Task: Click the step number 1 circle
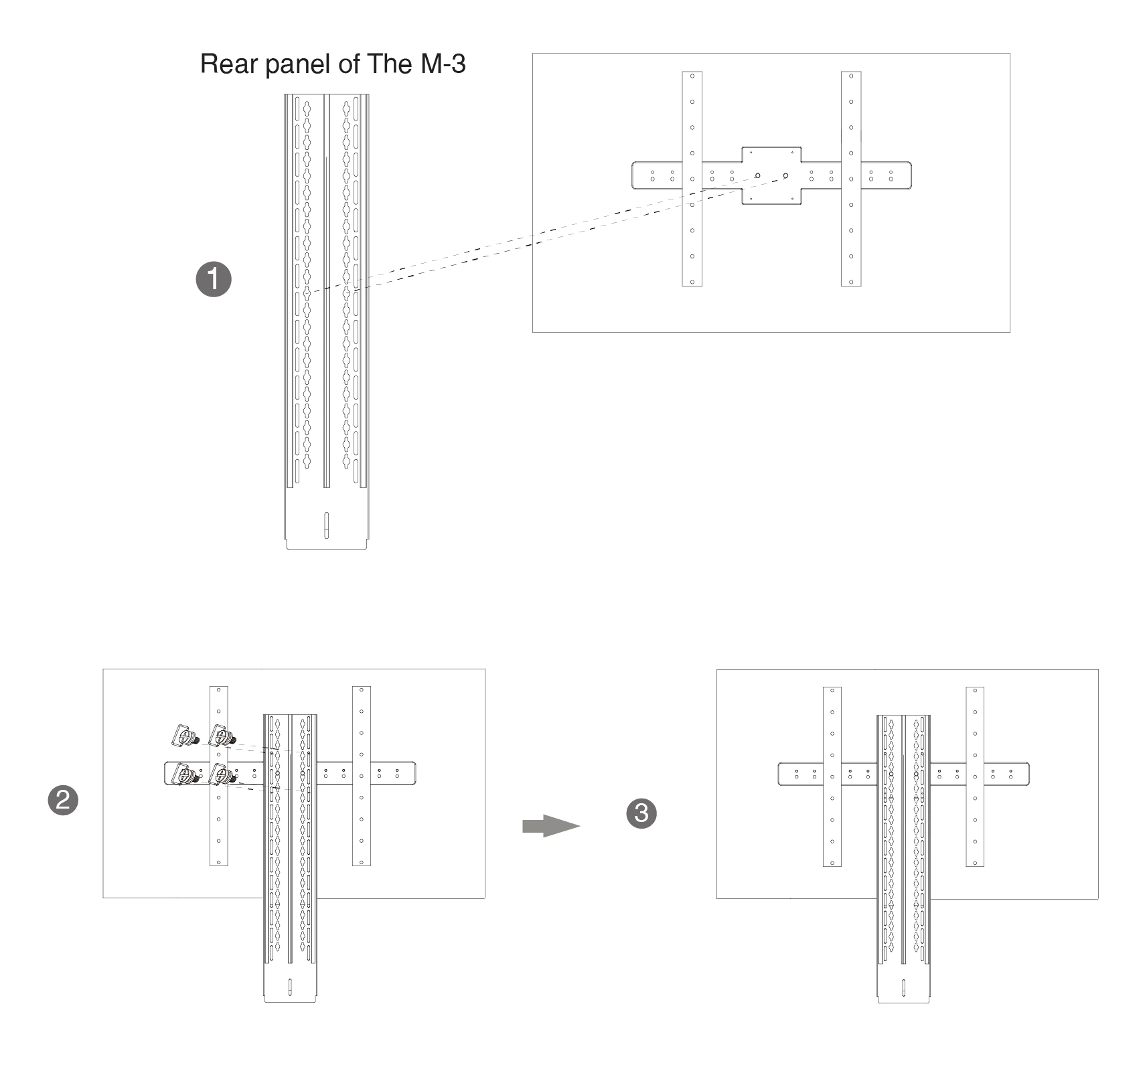pos(214,279)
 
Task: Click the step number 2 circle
pos(64,800)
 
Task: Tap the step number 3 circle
pos(641,813)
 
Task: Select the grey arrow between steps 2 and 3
pos(550,826)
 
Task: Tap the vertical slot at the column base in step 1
pos(326,524)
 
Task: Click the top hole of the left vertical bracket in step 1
pos(692,76)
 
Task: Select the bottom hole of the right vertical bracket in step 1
pos(851,282)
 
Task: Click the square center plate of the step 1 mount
pos(771,175)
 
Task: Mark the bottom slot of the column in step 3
pos(903,988)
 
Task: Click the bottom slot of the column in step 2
pos(290,987)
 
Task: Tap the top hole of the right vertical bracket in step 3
pos(976,691)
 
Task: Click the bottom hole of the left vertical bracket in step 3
pos(832,863)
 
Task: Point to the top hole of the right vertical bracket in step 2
pos(362,690)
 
